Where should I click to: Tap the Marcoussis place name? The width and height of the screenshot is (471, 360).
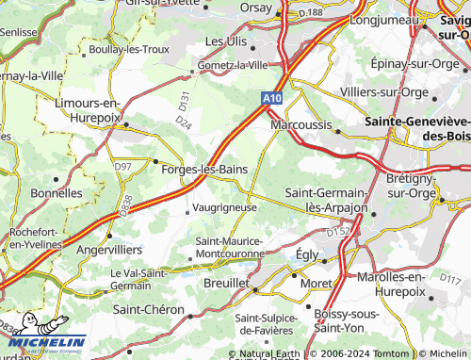tap(302, 124)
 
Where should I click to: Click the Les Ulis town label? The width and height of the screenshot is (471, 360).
tap(226, 42)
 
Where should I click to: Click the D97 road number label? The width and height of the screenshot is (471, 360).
tap(122, 166)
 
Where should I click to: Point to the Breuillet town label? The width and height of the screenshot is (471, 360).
tap(226, 283)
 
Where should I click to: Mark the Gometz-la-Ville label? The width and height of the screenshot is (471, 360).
tap(232, 65)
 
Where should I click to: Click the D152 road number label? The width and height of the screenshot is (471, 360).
tap(337, 232)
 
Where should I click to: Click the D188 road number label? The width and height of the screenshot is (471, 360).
tap(336, 11)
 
